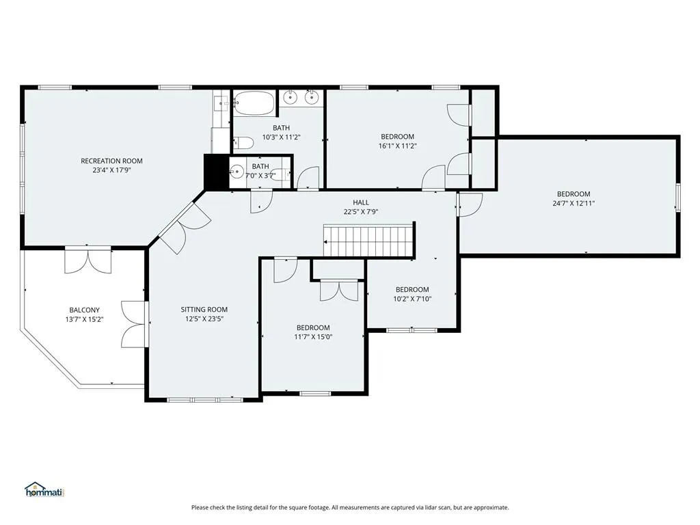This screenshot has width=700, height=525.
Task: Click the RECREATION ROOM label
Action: click(x=111, y=161)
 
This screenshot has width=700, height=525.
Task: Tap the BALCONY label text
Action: click(x=84, y=310)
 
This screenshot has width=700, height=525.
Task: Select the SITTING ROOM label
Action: click(x=204, y=310)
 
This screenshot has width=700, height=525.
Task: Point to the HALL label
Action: click(x=361, y=202)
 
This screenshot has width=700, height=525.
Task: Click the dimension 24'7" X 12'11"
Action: click(x=574, y=203)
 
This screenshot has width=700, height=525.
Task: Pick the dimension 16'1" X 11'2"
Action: click(x=397, y=146)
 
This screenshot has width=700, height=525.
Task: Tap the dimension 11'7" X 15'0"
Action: click(x=313, y=336)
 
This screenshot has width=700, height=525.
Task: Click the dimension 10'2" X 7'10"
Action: click(x=412, y=299)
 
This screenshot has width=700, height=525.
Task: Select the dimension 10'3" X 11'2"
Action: click(x=281, y=137)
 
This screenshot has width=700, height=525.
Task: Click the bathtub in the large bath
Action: click(x=254, y=103)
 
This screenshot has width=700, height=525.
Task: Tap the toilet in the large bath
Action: click(x=243, y=143)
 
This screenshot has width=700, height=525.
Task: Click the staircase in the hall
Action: click(x=368, y=241)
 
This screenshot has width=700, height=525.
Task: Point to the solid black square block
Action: click(x=217, y=172)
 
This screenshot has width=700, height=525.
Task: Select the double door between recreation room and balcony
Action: click(x=88, y=260)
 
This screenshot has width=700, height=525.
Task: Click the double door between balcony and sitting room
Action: click(x=133, y=324)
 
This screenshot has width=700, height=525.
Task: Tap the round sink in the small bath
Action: click(x=237, y=172)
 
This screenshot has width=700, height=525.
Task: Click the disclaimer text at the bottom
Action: click(x=350, y=507)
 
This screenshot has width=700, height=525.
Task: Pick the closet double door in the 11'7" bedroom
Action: click(x=339, y=290)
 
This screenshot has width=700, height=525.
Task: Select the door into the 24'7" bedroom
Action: click(x=469, y=204)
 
